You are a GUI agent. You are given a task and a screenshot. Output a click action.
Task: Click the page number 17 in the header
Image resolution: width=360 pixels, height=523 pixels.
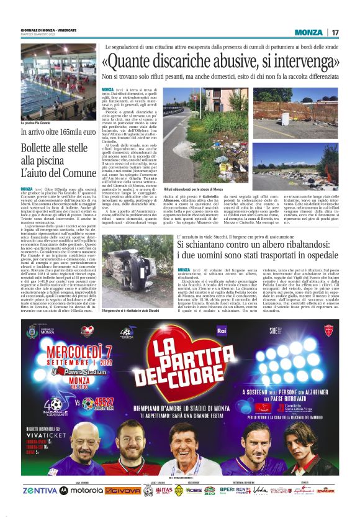pos(335,32)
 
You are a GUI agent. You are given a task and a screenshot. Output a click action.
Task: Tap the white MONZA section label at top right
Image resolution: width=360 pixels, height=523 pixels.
pos(308,32)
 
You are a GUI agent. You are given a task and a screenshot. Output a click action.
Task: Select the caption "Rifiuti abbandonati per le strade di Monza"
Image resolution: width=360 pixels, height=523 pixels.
pos(193,188)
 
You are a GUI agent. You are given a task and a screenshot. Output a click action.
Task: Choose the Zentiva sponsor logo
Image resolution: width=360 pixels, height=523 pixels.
pos(39,490)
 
